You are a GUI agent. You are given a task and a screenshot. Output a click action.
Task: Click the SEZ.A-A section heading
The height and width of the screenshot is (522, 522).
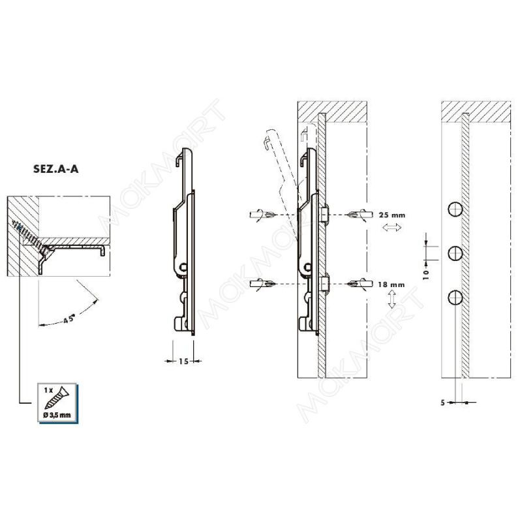[x=55, y=169]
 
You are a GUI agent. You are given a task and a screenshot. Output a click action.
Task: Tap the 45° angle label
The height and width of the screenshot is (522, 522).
[x=69, y=320]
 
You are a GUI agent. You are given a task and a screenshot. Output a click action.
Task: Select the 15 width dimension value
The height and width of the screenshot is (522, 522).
[x=183, y=361]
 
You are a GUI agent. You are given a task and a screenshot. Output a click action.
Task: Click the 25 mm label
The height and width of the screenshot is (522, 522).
[x=392, y=215]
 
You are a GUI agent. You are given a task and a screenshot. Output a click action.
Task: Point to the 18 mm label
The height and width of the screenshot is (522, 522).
[x=391, y=284]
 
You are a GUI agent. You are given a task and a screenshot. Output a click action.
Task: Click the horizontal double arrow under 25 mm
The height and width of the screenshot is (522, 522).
[x=392, y=228]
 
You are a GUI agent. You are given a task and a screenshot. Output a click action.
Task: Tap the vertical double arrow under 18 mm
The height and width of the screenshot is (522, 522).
[x=392, y=299]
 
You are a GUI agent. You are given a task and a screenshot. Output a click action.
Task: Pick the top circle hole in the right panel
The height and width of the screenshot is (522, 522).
[x=455, y=209]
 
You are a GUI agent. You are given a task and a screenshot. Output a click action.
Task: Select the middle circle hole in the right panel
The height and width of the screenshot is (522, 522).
[x=455, y=254]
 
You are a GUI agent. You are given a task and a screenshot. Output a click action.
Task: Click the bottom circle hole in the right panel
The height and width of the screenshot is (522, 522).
[x=455, y=298]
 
